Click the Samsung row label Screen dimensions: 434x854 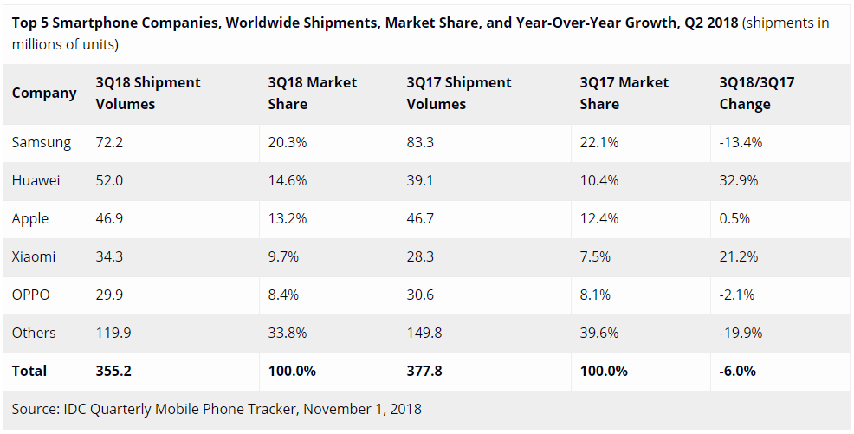[x=42, y=142]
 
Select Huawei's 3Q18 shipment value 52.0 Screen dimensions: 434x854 [x=110, y=180]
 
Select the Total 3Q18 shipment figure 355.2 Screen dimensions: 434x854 [x=113, y=371]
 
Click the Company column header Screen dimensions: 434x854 [x=44, y=93]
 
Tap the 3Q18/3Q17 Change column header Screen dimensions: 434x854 [x=757, y=93]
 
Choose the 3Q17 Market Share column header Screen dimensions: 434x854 [x=624, y=93]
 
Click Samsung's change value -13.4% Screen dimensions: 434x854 [x=741, y=142]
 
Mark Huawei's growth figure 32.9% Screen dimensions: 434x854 [x=738, y=180]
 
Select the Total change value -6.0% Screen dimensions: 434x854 [x=737, y=371]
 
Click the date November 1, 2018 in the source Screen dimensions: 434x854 [x=362, y=408]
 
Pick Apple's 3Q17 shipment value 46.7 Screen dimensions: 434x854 [x=422, y=218]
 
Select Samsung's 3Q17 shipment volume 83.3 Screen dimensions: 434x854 [x=422, y=142]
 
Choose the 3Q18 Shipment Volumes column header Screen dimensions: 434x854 [x=147, y=93]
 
